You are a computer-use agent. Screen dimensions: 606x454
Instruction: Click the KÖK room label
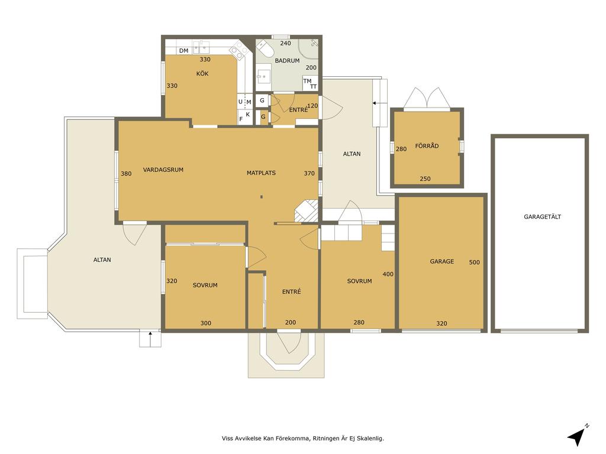coord(202,73)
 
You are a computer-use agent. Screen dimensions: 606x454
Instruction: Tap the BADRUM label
coord(287,61)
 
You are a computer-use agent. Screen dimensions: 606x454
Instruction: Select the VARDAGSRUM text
coord(163,170)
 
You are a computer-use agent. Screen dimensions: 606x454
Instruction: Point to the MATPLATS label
coord(261,173)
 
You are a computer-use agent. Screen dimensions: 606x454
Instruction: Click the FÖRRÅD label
coord(427,145)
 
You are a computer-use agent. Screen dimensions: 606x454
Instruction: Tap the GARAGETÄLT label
coord(542,216)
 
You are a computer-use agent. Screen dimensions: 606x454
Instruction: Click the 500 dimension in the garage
coord(474,262)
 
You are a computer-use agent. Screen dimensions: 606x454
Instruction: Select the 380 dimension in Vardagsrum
coord(126,174)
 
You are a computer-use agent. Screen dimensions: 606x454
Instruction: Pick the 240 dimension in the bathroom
coord(285,43)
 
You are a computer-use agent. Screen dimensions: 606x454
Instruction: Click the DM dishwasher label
coord(183,51)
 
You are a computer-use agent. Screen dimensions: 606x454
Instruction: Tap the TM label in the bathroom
coord(307,81)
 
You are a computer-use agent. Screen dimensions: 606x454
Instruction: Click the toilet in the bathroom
coord(266,48)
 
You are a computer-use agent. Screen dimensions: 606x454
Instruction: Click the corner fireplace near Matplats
coord(307,211)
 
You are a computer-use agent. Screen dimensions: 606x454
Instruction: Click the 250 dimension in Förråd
coord(425,179)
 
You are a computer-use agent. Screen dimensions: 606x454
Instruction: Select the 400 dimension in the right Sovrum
coord(388,274)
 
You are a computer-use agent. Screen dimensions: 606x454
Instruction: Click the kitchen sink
coord(201,47)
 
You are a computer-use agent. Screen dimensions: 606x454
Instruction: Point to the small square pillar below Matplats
coord(262,197)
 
